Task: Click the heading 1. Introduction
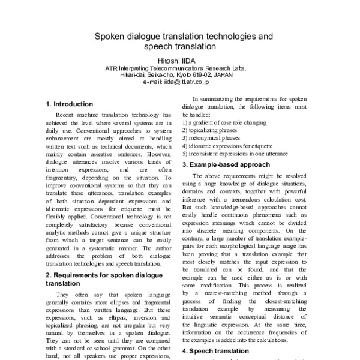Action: (70, 104)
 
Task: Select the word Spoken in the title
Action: (110, 36)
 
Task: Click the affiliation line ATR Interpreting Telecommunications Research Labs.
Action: (179, 68)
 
